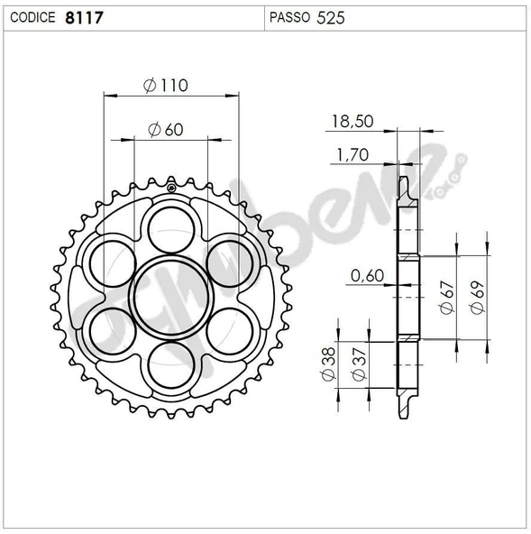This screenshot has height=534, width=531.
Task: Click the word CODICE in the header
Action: [x=32, y=17]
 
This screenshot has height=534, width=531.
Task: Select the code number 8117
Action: [x=83, y=17]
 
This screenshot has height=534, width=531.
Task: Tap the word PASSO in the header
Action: [x=290, y=17]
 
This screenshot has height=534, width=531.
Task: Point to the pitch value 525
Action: [x=331, y=17]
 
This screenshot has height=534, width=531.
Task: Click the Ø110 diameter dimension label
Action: [x=166, y=86]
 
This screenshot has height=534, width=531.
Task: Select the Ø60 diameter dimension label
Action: [x=165, y=130]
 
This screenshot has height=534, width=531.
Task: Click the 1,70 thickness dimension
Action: [x=351, y=156]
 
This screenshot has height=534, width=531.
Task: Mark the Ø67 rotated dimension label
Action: [x=447, y=296]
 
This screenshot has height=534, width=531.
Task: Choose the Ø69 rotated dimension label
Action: [x=478, y=296]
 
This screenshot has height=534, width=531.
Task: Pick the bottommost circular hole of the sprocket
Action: [x=170, y=364]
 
